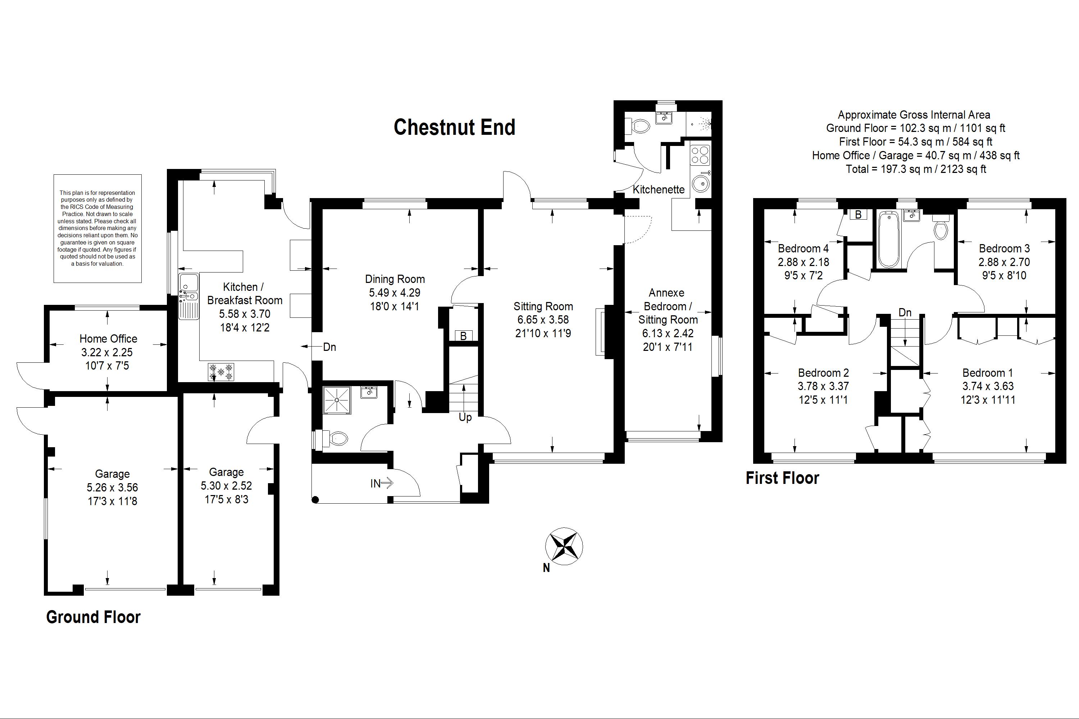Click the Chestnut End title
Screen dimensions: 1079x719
tap(454, 127)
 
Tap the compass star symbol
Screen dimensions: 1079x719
tap(564, 546)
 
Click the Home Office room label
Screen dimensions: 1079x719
tap(108, 339)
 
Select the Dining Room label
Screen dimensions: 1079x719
tap(395, 279)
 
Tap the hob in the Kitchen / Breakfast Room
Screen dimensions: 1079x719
tap(221, 372)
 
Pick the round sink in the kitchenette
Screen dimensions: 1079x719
tap(701, 184)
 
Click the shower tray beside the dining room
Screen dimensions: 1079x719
tap(337, 400)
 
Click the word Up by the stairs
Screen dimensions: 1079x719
tap(465, 418)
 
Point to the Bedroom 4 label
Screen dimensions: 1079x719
tap(803, 248)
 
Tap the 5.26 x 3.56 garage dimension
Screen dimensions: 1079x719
tap(112, 487)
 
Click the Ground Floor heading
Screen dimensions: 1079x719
tap(93, 617)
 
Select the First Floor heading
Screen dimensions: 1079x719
tap(783, 478)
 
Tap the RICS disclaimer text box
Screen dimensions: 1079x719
tap(98, 228)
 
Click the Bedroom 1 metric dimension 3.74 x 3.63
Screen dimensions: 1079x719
tap(988, 386)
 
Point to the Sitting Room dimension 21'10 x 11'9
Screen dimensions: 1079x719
tap(543, 333)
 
